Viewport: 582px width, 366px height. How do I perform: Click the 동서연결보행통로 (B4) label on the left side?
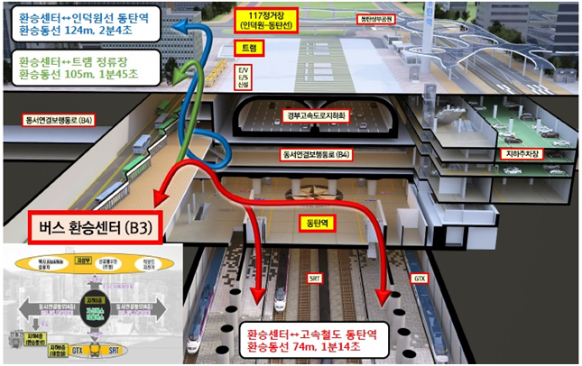[x=60, y=118]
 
